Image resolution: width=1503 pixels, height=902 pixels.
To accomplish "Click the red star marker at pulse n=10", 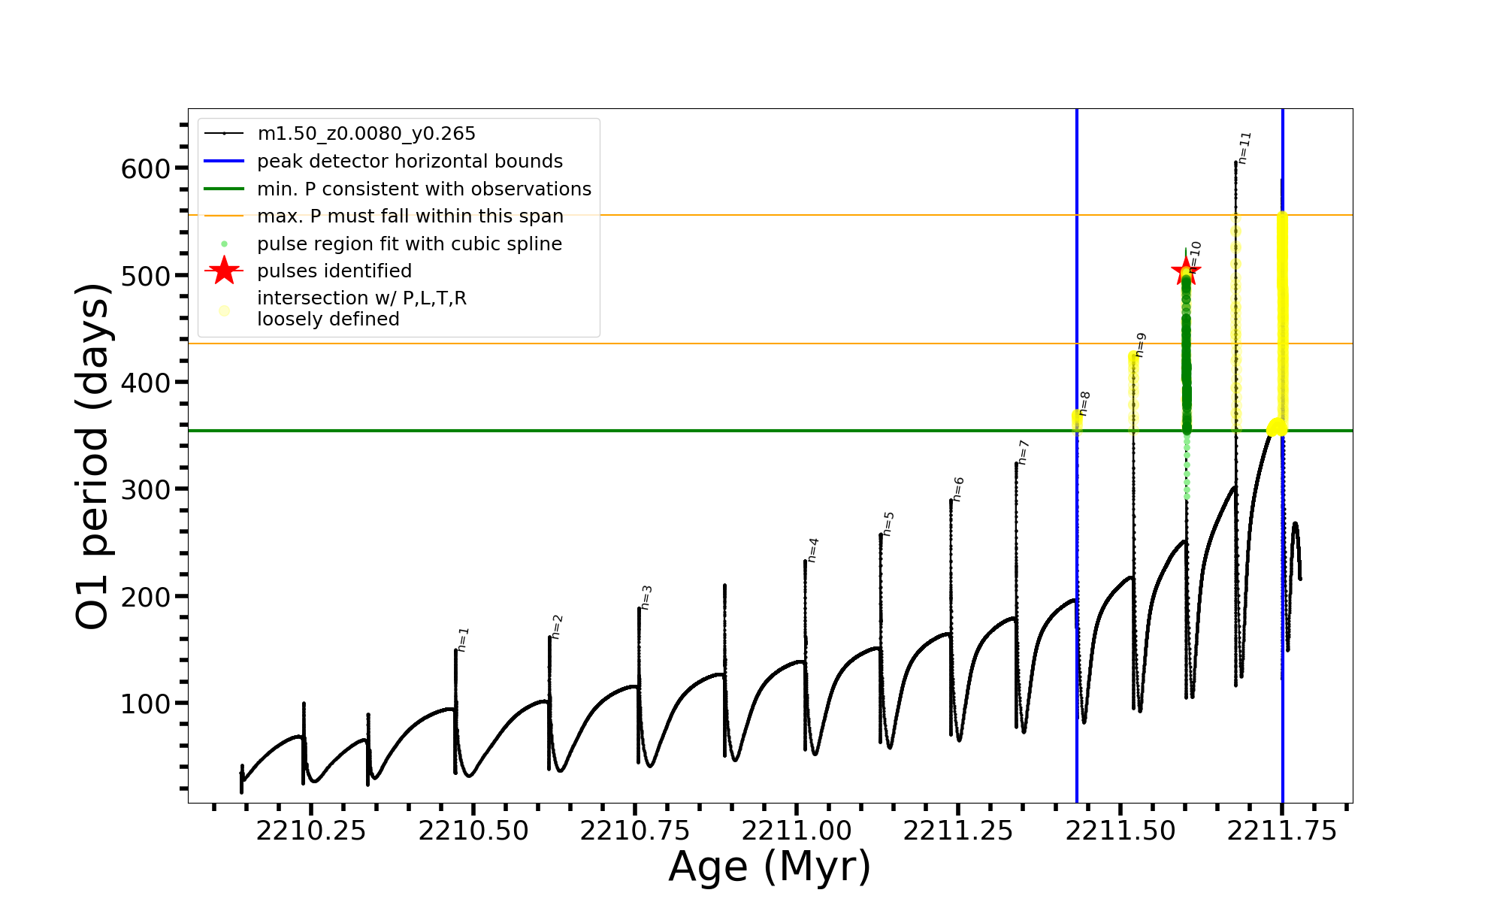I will pos(1186,271).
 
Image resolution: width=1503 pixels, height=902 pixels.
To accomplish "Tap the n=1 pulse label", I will pos(463,639).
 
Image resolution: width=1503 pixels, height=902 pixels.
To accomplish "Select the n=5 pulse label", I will pos(888,523).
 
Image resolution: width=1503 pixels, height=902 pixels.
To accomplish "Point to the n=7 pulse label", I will pos(1023,453).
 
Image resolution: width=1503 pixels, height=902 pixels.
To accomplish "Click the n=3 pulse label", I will pos(646,598).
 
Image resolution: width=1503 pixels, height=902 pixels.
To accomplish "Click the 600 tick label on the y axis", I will pos(146,168).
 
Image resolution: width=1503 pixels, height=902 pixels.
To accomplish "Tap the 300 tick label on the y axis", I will pos(146,489).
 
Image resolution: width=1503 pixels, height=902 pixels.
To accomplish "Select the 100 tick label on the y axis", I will pos(146,704).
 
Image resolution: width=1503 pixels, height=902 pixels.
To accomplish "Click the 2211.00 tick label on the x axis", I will pos(797,831).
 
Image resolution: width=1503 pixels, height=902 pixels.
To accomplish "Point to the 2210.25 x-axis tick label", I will pos(311,831).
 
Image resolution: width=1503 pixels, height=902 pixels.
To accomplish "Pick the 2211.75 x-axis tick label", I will pos(1282,831).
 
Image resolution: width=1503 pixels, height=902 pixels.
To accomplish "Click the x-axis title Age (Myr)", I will pos(770,867).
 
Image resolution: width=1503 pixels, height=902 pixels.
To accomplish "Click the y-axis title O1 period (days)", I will pos(93,456).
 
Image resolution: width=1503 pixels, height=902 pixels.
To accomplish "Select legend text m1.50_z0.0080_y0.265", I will pos(366,134).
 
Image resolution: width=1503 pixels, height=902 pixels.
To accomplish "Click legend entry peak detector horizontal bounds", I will pos(410,162).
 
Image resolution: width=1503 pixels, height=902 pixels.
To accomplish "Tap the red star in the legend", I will pos(224,271).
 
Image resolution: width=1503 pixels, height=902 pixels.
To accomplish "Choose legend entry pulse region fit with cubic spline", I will pos(409,244).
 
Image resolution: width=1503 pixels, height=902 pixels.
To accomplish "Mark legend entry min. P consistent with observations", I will pos(424,189).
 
